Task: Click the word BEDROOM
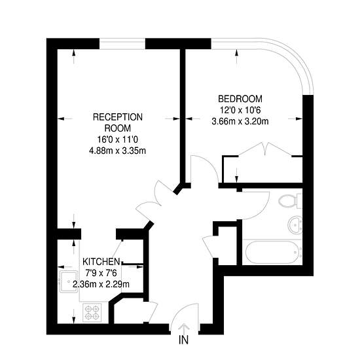click(x=240, y=99)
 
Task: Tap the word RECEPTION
click(x=118, y=117)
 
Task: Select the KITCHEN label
click(x=101, y=262)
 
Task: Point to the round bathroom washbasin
click(x=295, y=225)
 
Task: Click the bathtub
click(x=272, y=252)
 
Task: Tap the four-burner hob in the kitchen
click(x=92, y=312)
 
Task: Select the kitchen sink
click(x=69, y=281)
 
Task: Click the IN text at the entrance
click(x=183, y=340)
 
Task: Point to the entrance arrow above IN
click(x=184, y=329)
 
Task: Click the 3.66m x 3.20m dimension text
click(x=240, y=121)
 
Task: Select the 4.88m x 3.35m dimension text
click(x=117, y=151)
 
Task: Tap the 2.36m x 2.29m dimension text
click(x=101, y=284)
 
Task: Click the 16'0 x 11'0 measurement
click(x=118, y=139)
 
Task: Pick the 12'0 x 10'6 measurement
click(x=240, y=110)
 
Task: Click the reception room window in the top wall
click(x=122, y=44)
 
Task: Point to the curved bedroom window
click(x=298, y=60)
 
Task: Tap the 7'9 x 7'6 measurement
click(x=101, y=273)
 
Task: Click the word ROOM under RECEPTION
click(x=118, y=128)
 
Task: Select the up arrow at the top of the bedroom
click(x=237, y=57)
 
